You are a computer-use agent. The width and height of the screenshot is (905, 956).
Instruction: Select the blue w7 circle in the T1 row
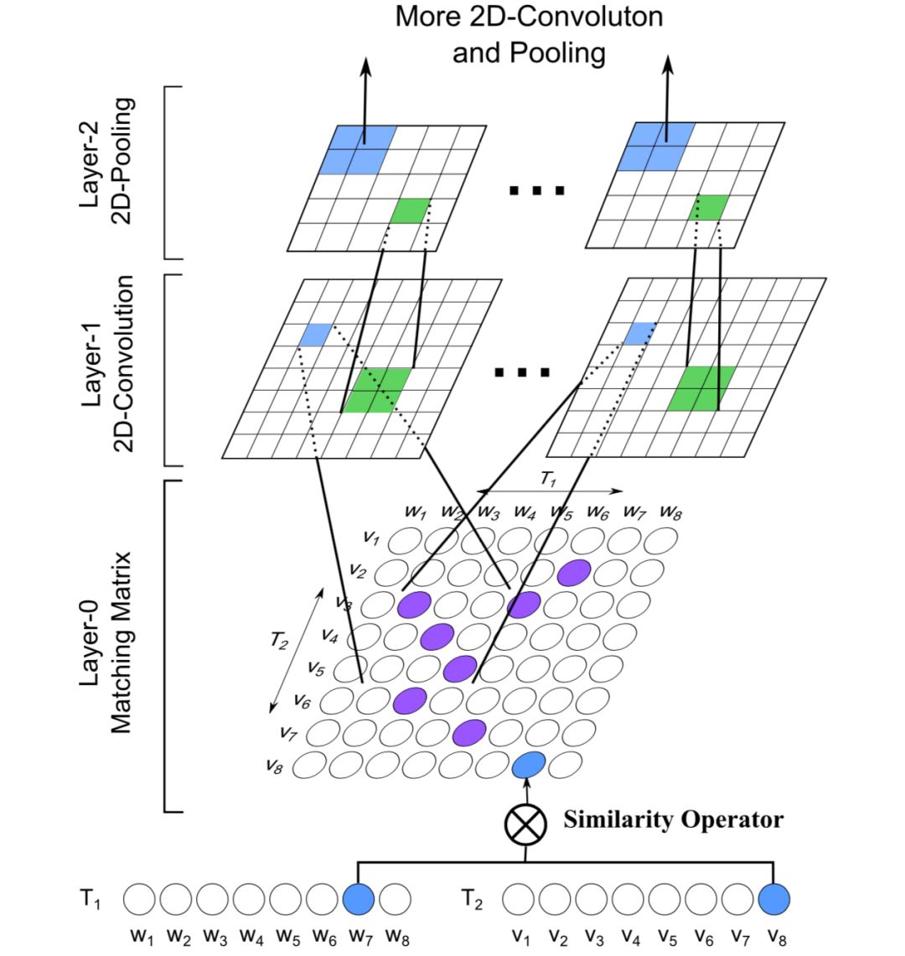[x=358, y=900]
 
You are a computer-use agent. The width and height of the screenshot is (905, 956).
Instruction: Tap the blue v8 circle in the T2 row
[x=773, y=900]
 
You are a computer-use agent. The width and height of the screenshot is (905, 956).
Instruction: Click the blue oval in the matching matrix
[x=529, y=764]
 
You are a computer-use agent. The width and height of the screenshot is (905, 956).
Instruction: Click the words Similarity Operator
[x=673, y=819]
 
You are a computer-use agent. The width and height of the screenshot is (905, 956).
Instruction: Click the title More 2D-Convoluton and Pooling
[x=529, y=34]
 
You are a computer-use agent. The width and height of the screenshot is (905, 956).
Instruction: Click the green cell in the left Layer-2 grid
[x=411, y=210]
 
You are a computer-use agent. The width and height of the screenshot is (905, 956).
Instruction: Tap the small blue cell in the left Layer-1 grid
[x=317, y=335]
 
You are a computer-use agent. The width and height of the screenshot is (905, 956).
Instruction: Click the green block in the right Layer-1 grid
[x=701, y=388]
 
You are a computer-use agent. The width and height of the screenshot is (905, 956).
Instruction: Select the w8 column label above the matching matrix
[x=670, y=511]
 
